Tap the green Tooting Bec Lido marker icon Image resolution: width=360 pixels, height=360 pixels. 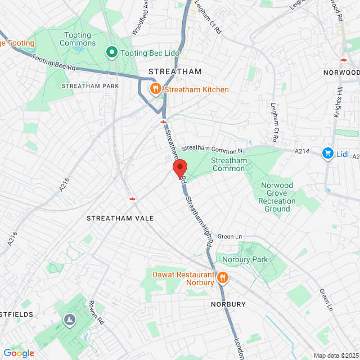111,53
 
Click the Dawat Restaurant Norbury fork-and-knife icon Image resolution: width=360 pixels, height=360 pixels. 222,278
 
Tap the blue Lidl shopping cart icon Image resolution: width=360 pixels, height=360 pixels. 327,153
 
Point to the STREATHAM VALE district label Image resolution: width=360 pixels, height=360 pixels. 116,217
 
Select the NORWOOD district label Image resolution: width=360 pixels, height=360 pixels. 341,73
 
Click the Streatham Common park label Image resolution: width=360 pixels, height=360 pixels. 228,164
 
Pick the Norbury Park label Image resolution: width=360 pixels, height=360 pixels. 245,259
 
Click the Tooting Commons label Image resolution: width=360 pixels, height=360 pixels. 77,39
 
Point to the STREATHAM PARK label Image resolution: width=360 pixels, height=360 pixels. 83,85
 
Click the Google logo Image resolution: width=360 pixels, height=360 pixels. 19,353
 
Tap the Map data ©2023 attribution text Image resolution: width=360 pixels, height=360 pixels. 335,355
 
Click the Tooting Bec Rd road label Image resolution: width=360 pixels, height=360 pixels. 53,61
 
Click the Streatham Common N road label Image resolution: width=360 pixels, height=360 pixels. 211,147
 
